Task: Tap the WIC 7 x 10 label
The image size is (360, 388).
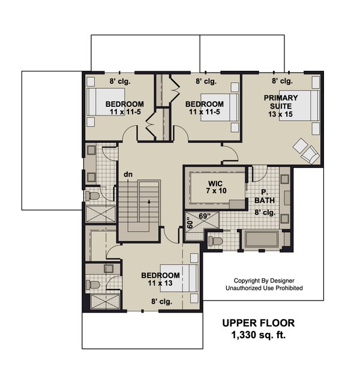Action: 215,187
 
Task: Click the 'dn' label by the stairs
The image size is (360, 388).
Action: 128,174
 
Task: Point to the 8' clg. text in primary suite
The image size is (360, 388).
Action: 282,80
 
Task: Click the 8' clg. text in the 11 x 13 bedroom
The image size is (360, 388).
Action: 161,302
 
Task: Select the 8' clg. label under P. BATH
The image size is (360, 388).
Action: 264,211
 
